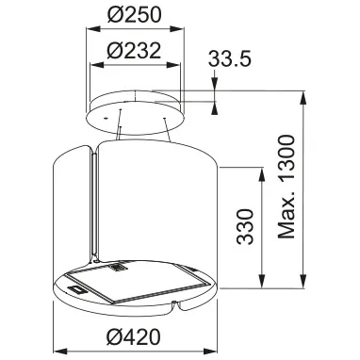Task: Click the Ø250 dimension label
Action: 135,15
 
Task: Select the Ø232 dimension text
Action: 134,50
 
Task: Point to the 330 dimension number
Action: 245,226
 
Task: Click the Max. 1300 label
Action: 286,187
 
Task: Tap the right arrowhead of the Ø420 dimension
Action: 211,351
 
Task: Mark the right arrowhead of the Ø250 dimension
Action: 177,29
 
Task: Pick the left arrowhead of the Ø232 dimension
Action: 97,65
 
